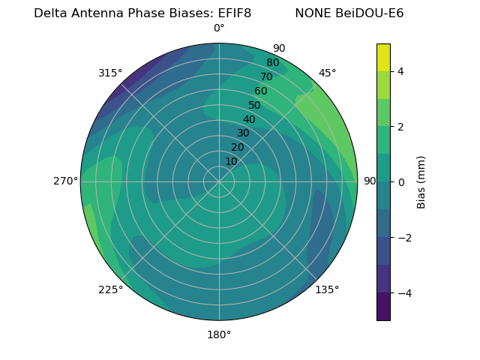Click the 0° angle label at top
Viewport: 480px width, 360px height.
click(219, 28)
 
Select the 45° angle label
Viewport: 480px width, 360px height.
click(327, 73)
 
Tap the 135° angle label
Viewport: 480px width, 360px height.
click(327, 289)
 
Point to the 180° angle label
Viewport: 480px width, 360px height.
click(219, 334)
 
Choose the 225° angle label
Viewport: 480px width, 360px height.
click(110, 289)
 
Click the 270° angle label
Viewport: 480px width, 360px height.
click(65, 181)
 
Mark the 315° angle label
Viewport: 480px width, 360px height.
click(110, 73)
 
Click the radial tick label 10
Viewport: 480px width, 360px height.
click(231, 161)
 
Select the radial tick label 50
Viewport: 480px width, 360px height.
click(254, 106)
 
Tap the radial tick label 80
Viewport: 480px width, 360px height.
click(272, 63)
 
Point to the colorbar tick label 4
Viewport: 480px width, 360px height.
click(400, 72)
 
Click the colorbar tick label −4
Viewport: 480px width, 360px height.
click(403, 293)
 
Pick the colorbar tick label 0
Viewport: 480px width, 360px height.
click(400, 182)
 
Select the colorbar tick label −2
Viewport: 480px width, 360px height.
click(403, 238)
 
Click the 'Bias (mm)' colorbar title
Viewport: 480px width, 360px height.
click(421, 182)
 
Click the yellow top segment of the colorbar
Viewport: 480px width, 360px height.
click(383, 57)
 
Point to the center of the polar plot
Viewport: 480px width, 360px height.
click(219, 181)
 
